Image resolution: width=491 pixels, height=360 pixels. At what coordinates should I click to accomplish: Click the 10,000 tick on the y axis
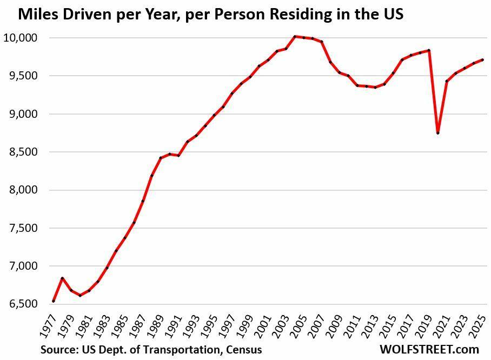[21, 38]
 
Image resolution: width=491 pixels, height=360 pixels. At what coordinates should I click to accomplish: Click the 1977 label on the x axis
[49, 325]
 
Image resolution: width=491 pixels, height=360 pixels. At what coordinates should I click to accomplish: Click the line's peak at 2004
[295, 36]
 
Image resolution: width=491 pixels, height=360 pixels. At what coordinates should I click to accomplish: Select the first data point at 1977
[54, 301]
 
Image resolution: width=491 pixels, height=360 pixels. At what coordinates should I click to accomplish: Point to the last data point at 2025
[482, 59]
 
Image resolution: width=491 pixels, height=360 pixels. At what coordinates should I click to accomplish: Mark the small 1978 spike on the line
[63, 278]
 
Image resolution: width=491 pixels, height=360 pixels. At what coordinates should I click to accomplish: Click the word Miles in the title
[40, 15]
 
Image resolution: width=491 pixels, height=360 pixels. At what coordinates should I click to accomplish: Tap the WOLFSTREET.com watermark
[429, 349]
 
